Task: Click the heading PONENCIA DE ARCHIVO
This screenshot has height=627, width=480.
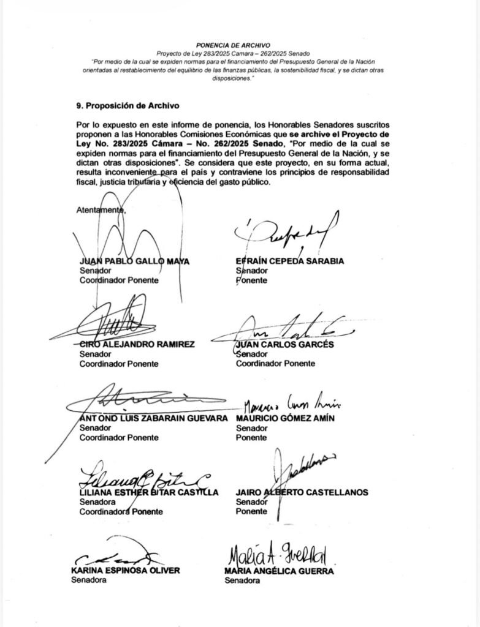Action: [x=241, y=45]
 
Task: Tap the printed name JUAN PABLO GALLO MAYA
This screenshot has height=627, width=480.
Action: [x=134, y=261]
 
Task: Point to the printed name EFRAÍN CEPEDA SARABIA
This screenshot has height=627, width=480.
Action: [x=290, y=261]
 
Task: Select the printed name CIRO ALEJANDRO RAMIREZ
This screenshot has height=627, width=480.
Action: [x=137, y=344]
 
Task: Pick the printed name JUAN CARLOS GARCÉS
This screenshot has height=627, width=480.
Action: [x=285, y=344]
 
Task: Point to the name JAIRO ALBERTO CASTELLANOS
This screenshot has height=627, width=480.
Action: [x=302, y=492]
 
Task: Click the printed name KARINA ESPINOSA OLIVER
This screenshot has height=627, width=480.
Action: [x=126, y=571]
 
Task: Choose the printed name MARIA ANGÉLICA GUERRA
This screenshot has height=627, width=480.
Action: [x=279, y=571]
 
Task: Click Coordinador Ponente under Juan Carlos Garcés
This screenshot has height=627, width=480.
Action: [x=276, y=364]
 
